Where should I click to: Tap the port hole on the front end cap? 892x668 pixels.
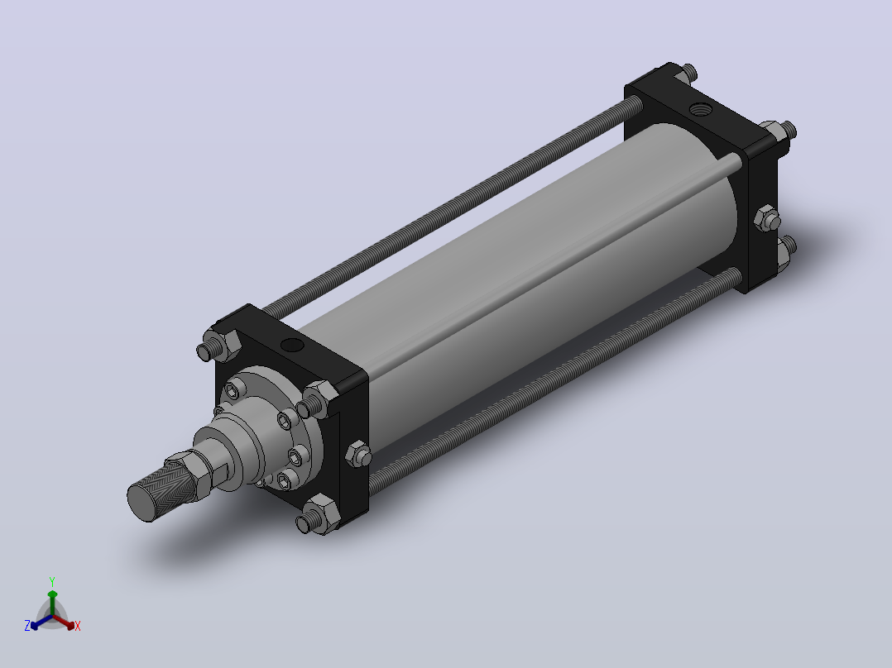pos(292,345)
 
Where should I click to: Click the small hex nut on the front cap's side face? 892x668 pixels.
pos(358,454)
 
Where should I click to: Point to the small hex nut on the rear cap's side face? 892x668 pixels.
pos(767,218)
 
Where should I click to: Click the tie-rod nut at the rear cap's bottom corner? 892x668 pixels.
pos(786,250)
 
